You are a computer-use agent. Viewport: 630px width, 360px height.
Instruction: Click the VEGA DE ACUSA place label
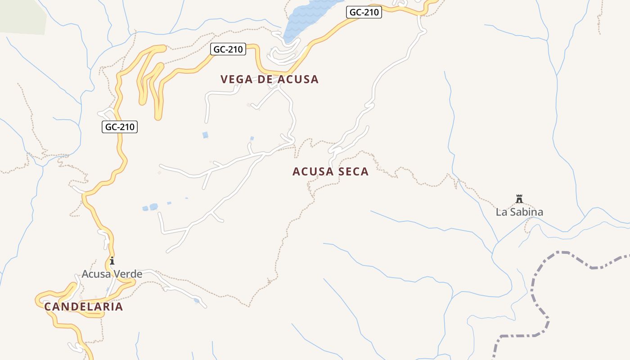click(269, 79)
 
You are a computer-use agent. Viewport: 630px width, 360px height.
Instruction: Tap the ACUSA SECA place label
click(330, 171)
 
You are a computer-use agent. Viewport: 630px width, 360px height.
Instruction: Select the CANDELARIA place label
click(83, 307)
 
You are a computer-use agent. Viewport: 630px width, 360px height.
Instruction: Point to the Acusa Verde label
click(112, 274)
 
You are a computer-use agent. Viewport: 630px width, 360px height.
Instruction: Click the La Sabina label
click(519, 212)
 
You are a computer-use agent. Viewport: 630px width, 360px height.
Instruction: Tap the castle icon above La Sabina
click(519, 198)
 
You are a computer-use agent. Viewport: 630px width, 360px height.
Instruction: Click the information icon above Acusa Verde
click(112, 261)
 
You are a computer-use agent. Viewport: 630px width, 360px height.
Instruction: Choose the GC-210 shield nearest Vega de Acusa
click(229, 49)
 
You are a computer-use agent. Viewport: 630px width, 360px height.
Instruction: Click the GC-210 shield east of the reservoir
click(364, 12)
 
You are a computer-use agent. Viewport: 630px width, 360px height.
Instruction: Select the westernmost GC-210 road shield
click(119, 127)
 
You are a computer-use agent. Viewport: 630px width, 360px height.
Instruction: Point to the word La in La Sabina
click(501, 212)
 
